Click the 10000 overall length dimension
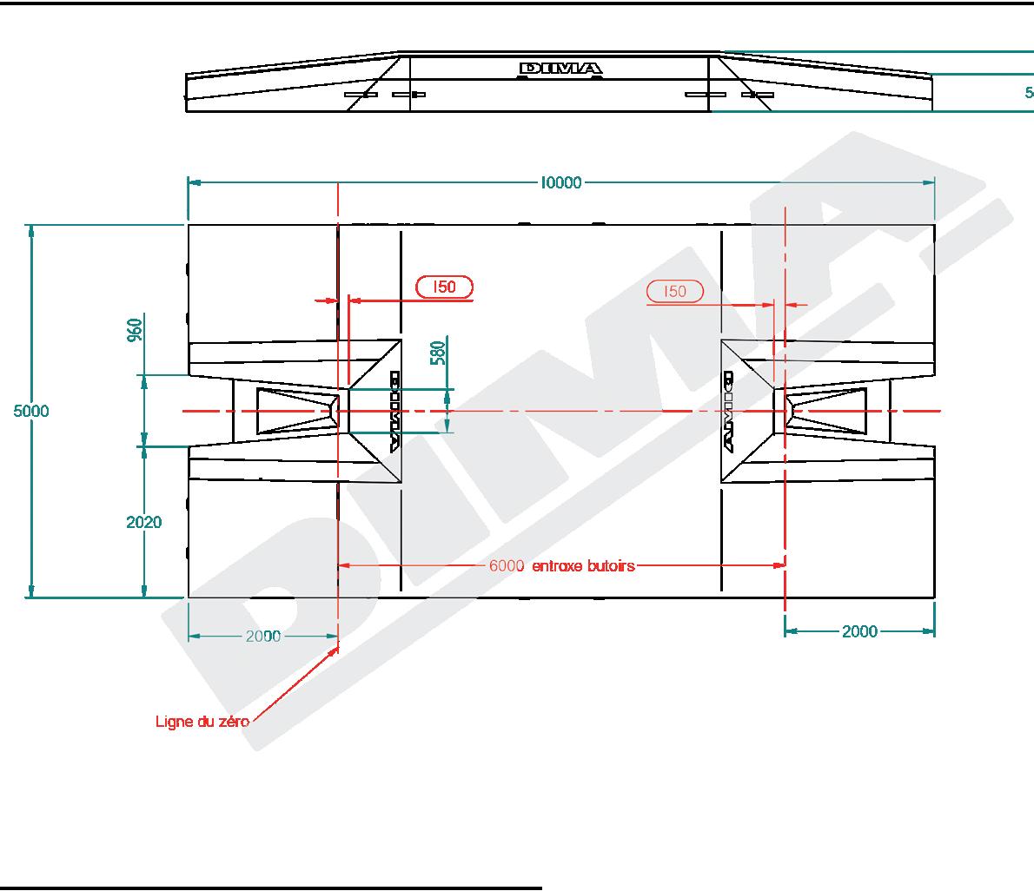pos(561,182)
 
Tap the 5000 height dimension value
pos(31,412)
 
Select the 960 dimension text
pos(135,330)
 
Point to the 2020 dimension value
pos(143,522)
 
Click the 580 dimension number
pos(438,353)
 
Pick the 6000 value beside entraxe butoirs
pos(507,565)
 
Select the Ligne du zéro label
pos(202,721)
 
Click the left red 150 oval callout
pos(445,287)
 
